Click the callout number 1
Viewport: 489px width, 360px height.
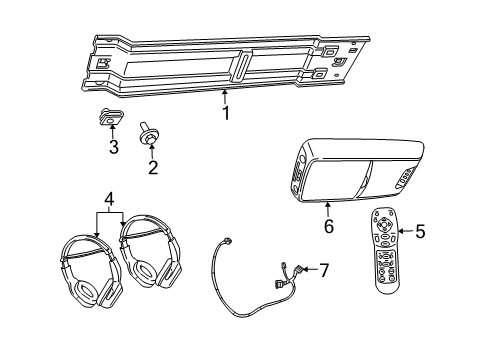coord(226,113)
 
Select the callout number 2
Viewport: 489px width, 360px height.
coord(152,166)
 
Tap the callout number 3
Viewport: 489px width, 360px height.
coord(113,148)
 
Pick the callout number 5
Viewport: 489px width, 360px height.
coord(419,232)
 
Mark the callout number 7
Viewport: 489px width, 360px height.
coord(322,270)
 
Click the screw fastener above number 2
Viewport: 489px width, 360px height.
coord(152,130)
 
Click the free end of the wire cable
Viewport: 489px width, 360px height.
coord(229,241)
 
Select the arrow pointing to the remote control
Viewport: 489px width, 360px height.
coord(403,232)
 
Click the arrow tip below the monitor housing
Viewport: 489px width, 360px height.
coord(328,204)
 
